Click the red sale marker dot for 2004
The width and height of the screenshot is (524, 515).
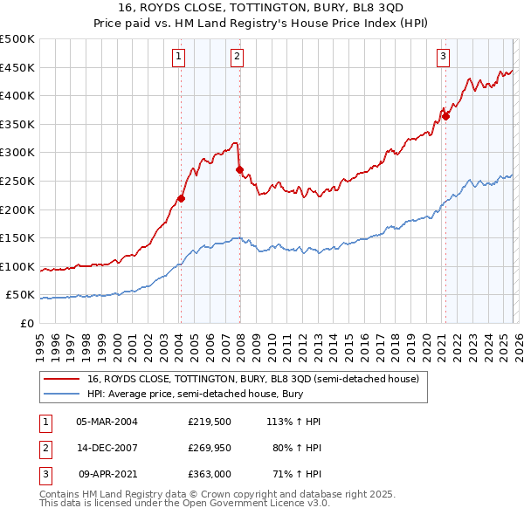coord(181,198)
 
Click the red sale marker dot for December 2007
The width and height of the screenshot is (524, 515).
coord(239,169)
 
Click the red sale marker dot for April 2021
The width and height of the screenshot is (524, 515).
coord(445,115)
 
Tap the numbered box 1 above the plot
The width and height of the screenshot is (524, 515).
coord(178,57)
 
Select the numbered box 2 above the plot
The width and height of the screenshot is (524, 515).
coord(237,57)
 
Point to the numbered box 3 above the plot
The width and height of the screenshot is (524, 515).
coord(443,57)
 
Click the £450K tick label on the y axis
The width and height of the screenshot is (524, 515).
coord(17,67)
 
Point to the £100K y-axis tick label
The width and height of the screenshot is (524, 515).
coord(17,266)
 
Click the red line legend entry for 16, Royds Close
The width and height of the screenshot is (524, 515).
coord(253,379)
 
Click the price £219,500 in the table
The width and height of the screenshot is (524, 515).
coord(208,421)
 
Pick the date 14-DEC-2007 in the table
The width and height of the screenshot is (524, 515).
coord(107,447)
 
